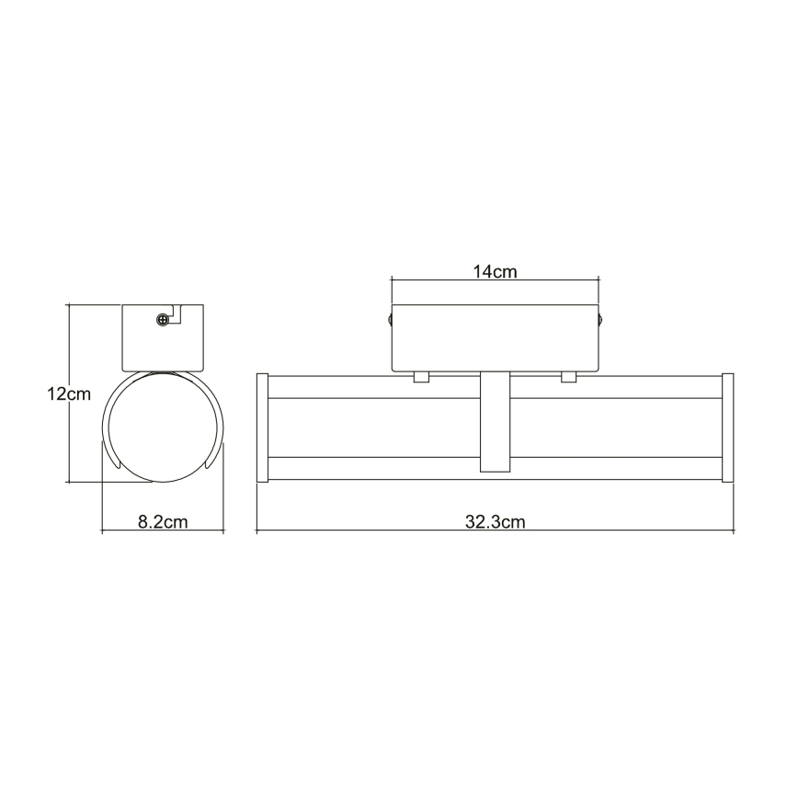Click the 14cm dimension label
pos(495,271)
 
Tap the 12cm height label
pos(69,394)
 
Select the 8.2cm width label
pos(163,522)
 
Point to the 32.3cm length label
pos(495,522)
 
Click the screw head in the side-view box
pos(163,320)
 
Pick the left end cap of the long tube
pos(261,427)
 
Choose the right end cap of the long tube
pos(727,427)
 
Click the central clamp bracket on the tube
pos(495,422)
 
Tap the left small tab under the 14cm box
pos(422,376)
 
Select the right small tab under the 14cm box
pos(568,376)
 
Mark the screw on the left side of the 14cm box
pos(389,320)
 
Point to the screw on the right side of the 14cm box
pos(601,320)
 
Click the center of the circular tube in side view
pos(163,427)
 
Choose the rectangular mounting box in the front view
pos(495,337)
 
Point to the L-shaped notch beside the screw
pos(178,313)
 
